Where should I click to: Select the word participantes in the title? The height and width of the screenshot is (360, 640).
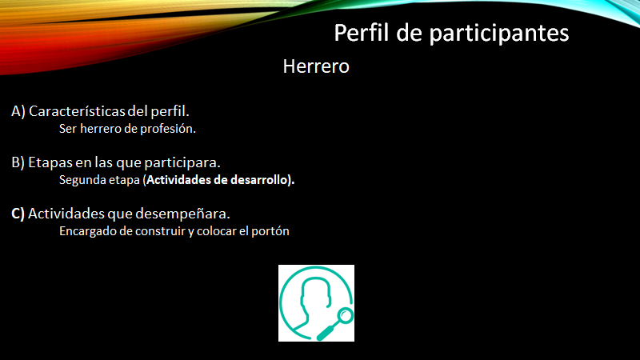tap(499, 34)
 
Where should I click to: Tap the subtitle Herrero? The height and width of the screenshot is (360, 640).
tap(316, 66)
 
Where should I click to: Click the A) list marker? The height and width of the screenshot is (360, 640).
tap(18, 111)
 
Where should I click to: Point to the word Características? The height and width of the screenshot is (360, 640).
tap(78, 111)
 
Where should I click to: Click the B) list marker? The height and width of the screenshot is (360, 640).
tap(18, 162)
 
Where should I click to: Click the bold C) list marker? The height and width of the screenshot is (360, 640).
tap(18, 214)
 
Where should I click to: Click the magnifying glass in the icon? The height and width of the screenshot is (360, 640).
tap(336, 323)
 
